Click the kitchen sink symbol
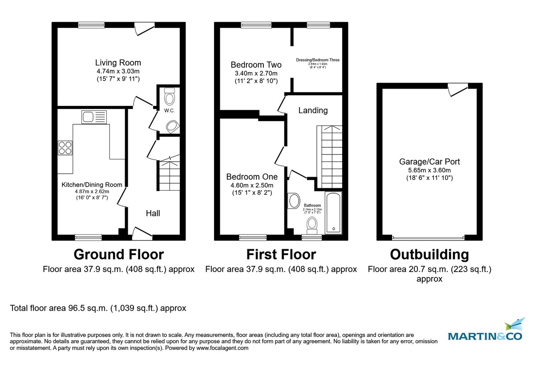(94, 117)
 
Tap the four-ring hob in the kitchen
(65, 147)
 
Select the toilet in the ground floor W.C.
(170, 97)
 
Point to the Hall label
(153, 213)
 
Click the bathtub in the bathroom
(333, 213)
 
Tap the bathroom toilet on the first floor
(312, 225)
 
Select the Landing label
(313, 110)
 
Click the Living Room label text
(118, 63)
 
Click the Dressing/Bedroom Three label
(318, 60)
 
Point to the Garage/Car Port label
(429, 162)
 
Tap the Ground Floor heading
(118, 254)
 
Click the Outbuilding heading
(429, 254)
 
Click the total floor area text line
(98, 308)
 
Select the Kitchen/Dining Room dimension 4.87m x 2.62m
(91, 191)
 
